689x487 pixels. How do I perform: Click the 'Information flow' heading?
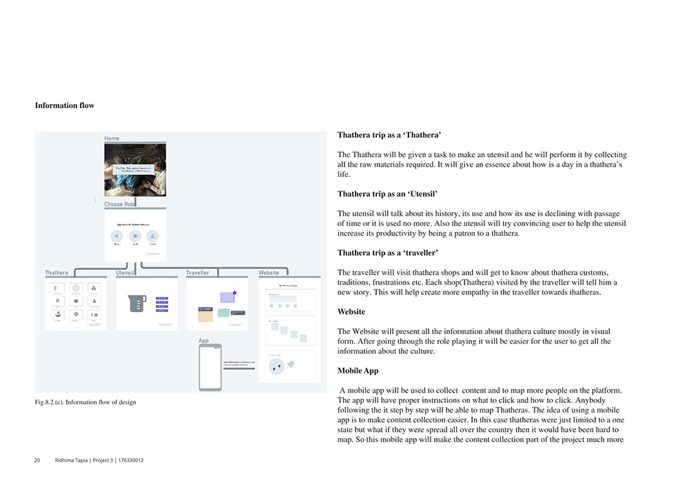(x=64, y=106)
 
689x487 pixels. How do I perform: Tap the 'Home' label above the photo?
(x=112, y=138)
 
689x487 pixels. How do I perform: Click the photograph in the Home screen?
(x=135, y=170)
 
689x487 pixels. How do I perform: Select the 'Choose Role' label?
(x=120, y=205)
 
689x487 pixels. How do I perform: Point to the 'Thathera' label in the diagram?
(x=56, y=273)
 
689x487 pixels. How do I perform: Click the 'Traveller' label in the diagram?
(x=198, y=273)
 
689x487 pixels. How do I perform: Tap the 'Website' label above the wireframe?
(x=269, y=273)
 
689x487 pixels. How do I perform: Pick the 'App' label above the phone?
(x=203, y=341)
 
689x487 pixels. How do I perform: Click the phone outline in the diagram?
(x=210, y=368)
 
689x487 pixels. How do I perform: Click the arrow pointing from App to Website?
(x=240, y=369)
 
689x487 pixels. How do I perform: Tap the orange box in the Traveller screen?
(x=205, y=314)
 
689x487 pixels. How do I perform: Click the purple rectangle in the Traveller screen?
(x=228, y=298)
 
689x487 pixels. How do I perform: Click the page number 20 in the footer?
(x=37, y=460)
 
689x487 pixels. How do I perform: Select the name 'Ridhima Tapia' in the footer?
(x=72, y=460)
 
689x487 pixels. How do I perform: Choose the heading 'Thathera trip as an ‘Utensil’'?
(x=387, y=194)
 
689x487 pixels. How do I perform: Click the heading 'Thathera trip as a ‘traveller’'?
(x=387, y=253)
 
